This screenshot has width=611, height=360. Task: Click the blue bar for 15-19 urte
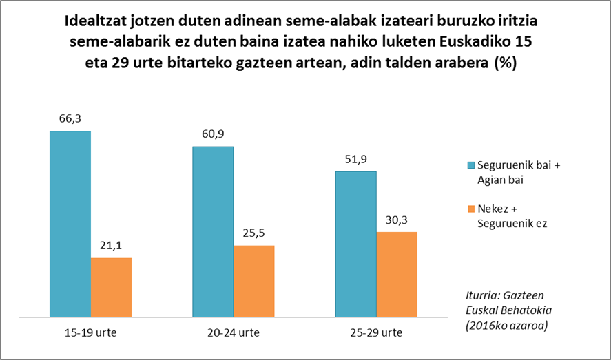[70, 224]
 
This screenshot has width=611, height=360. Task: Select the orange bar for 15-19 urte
[111, 287]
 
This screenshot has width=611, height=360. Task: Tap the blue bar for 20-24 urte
[213, 231]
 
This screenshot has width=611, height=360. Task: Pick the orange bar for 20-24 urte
[254, 281]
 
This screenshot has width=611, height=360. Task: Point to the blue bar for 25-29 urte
[355, 244]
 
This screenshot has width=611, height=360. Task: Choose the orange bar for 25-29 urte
[397, 274]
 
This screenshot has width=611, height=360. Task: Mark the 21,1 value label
[111, 246]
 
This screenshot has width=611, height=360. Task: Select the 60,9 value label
[213, 135]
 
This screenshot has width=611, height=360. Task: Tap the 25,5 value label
[254, 233]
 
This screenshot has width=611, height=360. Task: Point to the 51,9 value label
[355, 160]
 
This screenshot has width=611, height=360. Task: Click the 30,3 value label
[397, 220]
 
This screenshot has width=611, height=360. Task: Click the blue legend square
[471, 165]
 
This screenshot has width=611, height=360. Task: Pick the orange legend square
[471, 209]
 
